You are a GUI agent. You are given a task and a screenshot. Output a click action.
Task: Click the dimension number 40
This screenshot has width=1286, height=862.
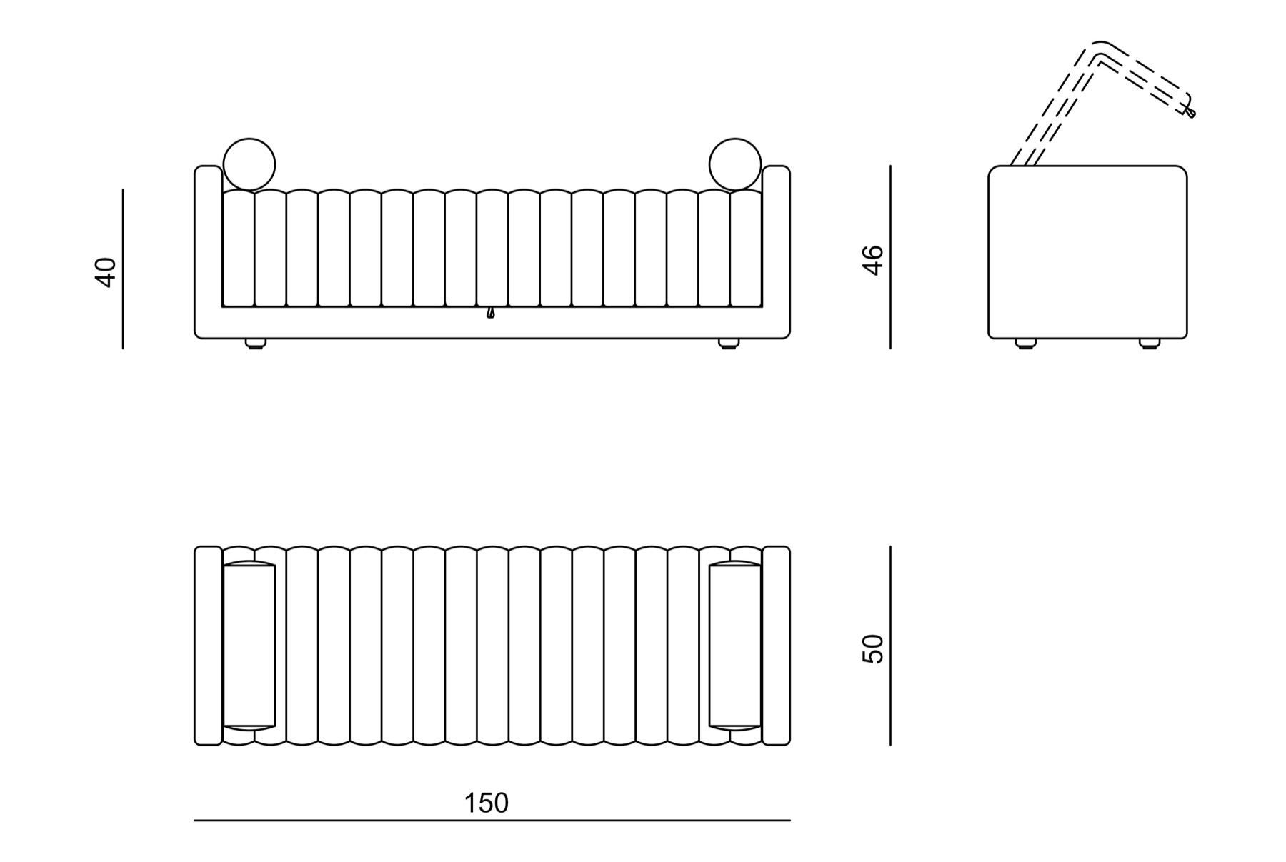(106, 272)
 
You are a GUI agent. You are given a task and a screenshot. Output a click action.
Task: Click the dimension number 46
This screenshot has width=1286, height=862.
(873, 260)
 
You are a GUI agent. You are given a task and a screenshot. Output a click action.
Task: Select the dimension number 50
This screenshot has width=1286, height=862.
(873, 649)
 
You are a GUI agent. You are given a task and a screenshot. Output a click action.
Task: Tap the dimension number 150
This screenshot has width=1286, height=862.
(487, 803)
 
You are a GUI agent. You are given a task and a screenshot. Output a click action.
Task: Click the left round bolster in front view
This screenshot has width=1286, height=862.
(249, 165)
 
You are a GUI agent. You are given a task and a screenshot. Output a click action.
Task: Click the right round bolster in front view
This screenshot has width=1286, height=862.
(736, 165)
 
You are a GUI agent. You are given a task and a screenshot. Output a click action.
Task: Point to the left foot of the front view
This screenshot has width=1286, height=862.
(255, 344)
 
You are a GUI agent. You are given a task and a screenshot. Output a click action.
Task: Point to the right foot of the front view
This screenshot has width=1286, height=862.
(729, 344)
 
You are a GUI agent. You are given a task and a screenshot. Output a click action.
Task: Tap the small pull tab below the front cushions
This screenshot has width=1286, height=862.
(490, 313)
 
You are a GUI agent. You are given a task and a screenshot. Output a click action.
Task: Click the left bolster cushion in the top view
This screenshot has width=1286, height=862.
(249, 646)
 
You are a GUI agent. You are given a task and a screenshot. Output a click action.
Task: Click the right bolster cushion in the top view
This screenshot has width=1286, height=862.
(736, 646)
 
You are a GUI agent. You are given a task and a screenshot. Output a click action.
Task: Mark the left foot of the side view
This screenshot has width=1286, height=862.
(1026, 344)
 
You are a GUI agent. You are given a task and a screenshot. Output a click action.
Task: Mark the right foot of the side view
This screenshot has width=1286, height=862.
(1150, 344)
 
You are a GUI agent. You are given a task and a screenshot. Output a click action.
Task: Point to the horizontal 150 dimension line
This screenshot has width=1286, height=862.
(492, 821)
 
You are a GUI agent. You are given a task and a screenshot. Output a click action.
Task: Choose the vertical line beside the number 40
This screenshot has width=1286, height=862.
(123, 269)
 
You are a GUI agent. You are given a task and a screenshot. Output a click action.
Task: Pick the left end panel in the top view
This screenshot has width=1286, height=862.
(208, 646)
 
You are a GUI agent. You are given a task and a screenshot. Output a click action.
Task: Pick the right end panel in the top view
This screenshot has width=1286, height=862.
(777, 646)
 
